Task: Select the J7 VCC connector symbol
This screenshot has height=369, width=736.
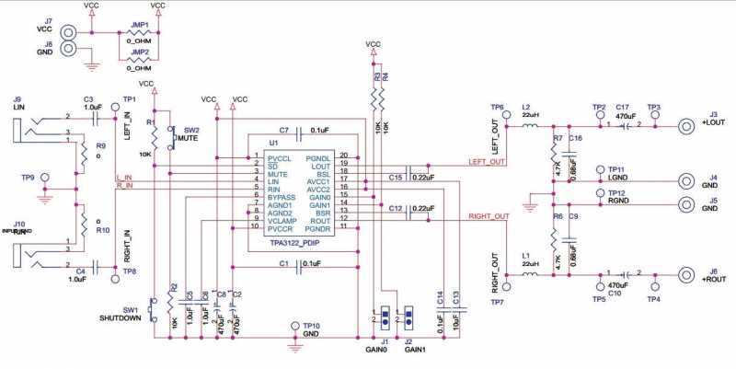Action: (68, 31)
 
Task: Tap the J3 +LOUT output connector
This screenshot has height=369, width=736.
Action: (685, 127)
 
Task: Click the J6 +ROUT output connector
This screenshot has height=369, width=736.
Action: (685, 274)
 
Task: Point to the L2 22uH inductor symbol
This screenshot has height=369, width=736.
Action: (530, 126)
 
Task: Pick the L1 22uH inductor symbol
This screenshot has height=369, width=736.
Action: (530, 274)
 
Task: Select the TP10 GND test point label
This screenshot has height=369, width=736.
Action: (311, 330)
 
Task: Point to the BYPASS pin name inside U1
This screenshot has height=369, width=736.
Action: (283, 197)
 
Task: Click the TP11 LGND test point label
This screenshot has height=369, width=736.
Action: (615, 174)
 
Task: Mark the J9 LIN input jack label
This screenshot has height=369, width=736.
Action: (17, 103)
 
